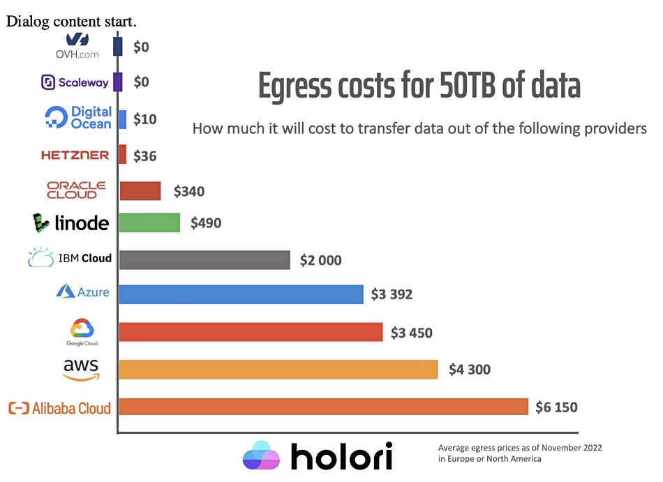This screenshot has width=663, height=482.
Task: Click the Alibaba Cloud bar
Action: click(x=323, y=407)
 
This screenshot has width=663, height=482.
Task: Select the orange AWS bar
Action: click(x=278, y=370)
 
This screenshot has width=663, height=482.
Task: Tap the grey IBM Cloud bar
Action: click(x=204, y=259)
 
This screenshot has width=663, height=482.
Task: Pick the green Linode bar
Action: click(x=149, y=223)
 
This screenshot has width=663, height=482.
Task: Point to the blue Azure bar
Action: click(x=241, y=294)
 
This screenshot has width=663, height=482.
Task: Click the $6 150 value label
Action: click(x=556, y=407)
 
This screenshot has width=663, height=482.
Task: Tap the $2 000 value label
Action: click(x=320, y=260)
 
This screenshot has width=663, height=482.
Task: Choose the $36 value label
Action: click(x=144, y=156)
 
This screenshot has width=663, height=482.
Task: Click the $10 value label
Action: click(x=144, y=119)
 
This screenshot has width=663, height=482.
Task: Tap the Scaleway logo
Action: click(x=75, y=82)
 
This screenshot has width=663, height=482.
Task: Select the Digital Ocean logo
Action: click(x=78, y=118)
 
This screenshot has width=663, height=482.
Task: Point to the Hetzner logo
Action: click(x=75, y=155)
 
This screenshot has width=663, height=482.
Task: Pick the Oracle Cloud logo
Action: click(x=76, y=190)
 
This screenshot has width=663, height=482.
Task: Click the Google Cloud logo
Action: click(x=82, y=332)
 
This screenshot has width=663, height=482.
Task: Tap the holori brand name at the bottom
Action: click(x=341, y=456)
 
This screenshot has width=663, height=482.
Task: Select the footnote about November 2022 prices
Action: click(x=519, y=453)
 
